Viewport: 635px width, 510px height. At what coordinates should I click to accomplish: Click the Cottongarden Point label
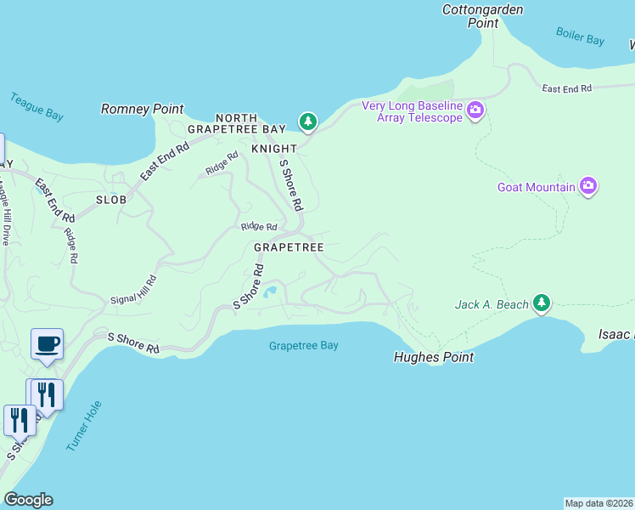(x=483, y=16)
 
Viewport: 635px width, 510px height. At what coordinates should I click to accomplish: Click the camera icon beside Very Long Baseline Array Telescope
(x=475, y=110)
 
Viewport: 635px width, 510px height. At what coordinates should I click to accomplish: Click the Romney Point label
(x=142, y=109)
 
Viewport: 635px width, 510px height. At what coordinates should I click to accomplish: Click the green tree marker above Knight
(x=307, y=122)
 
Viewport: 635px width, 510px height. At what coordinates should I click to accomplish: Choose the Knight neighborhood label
(x=274, y=149)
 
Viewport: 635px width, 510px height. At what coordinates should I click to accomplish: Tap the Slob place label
(x=111, y=200)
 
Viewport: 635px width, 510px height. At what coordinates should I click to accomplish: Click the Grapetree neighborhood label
(x=289, y=247)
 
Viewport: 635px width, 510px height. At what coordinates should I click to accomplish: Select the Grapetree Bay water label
(x=303, y=346)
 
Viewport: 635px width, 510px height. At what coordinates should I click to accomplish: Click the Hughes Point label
(x=433, y=358)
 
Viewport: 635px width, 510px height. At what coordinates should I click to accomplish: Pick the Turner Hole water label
(x=84, y=425)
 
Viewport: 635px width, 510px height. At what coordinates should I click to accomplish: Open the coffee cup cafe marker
(x=47, y=344)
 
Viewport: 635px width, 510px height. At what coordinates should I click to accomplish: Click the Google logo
(x=28, y=500)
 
